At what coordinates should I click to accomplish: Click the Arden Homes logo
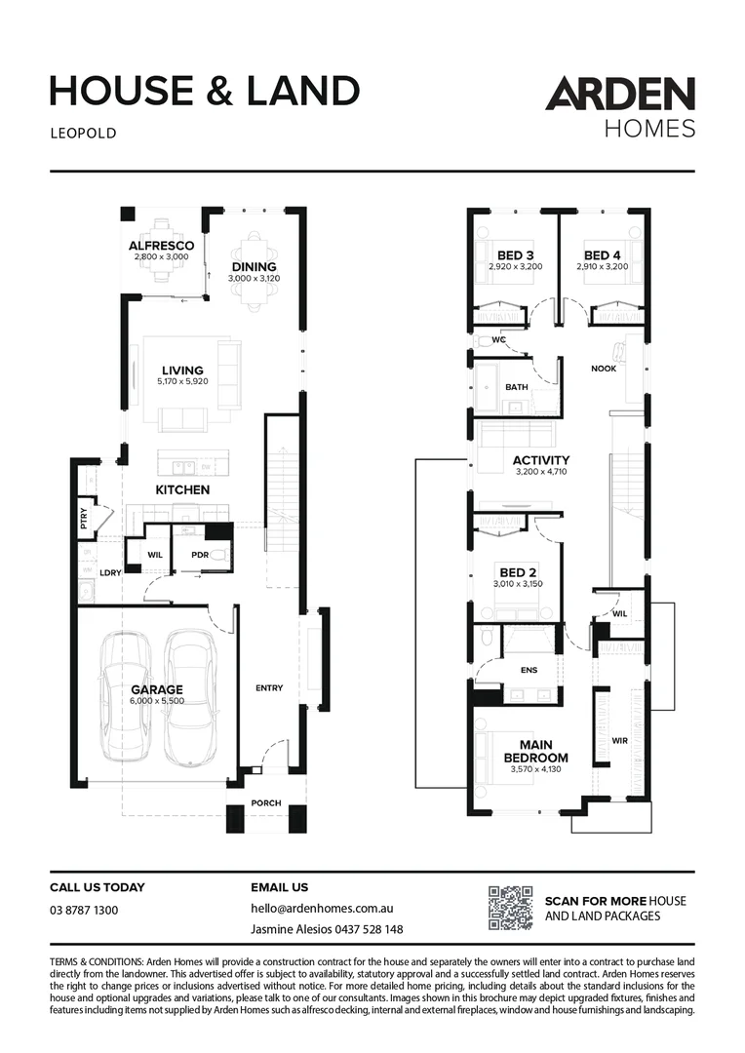pos(620,107)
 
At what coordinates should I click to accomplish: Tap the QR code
pos(510,908)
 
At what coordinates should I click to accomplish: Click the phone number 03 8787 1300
pos(84,910)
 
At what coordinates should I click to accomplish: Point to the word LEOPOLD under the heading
pos(83,134)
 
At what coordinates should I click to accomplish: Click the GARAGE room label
pos(158,689)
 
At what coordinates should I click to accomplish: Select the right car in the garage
pos(189,697)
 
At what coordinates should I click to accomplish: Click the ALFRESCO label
pos(161,245)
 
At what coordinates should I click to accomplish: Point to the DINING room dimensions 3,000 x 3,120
pos(254,279)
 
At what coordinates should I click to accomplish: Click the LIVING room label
pos(182,370)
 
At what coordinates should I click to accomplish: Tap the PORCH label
pos(265,803)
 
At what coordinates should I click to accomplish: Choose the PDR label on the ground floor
pos(201,555)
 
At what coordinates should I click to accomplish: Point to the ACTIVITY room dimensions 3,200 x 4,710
pos(541,472)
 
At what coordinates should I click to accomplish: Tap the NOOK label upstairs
pos(604,369)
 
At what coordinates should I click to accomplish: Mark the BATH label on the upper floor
pos(516,387)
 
